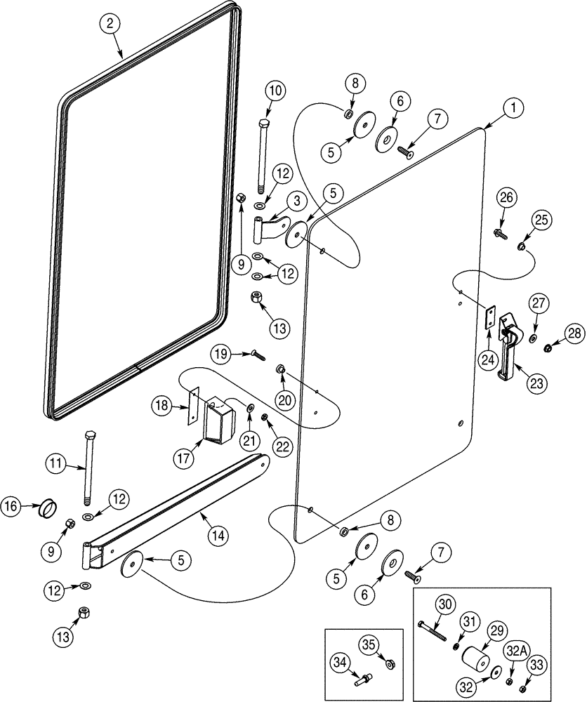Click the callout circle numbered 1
pyautogui.click(x=513, y=108)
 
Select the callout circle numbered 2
pyautogui.click(x=109, y=24)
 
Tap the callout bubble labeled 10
pyautogui.click(x=275, y=91)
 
